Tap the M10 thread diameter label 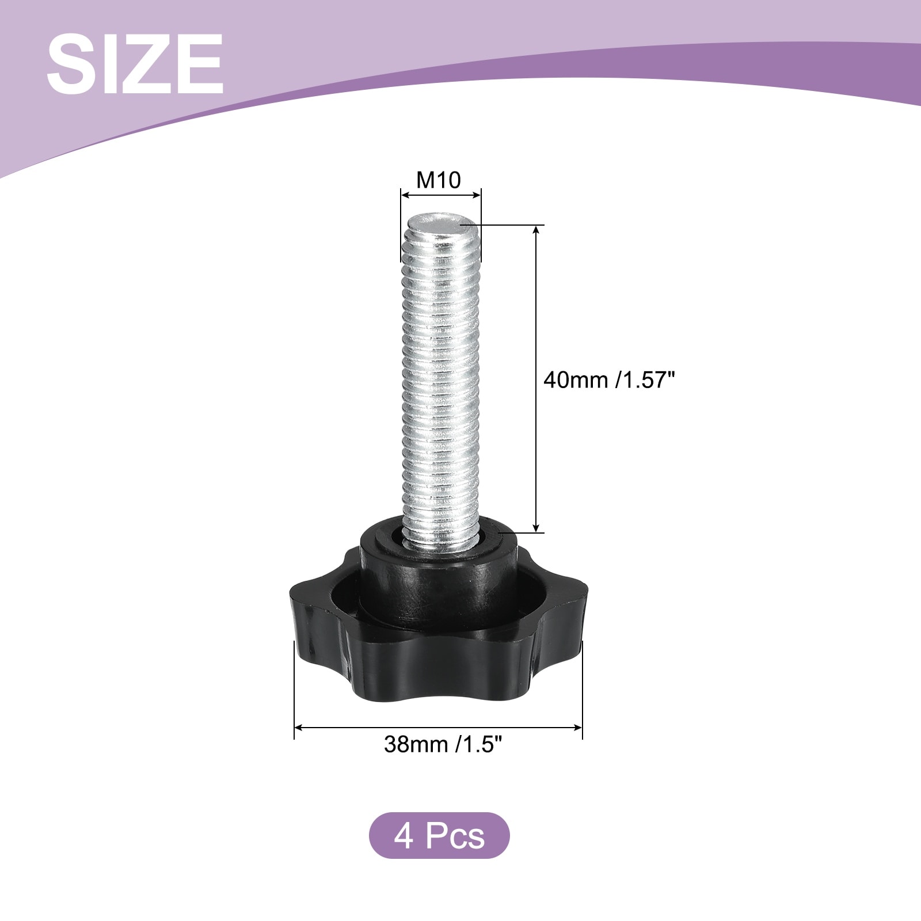click(439, 180)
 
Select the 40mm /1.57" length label click(608, 380)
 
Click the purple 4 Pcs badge click(439, 835)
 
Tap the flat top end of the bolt click(440, 221)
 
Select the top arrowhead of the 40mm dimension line click(536, 230)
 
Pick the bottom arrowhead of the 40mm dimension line click(536, 526)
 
